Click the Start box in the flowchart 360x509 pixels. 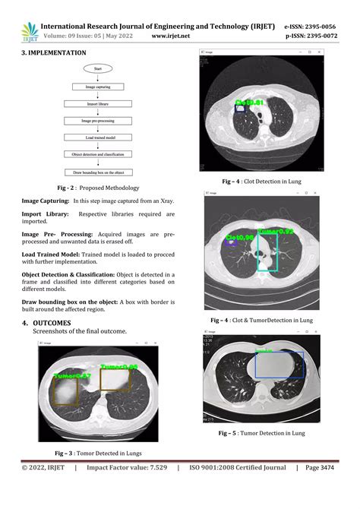pos(97,68)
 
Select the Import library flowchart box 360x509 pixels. pos(97,103)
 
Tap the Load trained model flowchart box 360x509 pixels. pos(97,138)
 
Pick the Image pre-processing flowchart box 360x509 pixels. pos(97,120)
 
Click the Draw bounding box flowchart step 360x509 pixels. pos(97,172)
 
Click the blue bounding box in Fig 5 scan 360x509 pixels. pos(279,365)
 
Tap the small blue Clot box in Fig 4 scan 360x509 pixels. pos(240,109)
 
